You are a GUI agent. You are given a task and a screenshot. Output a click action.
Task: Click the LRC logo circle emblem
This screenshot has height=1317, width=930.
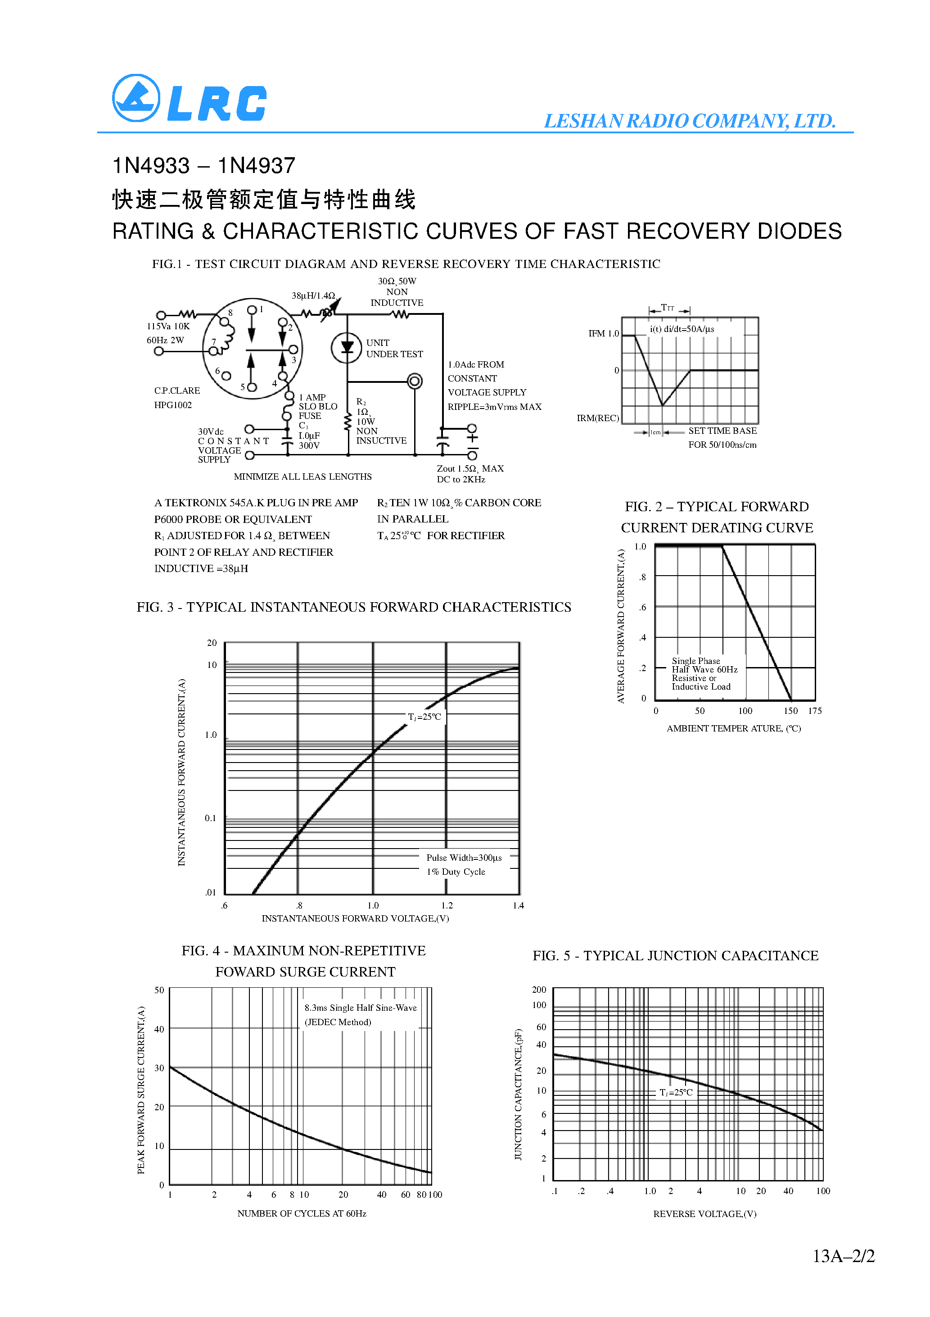136,98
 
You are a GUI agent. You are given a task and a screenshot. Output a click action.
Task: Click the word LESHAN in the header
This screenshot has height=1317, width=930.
582,121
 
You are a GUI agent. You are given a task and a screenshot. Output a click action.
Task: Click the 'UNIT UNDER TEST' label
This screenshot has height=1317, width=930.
394,348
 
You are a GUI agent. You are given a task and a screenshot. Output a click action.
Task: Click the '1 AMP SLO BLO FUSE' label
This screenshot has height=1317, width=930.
318,406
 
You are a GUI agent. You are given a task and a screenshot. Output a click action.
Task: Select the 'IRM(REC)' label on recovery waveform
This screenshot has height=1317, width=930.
597,418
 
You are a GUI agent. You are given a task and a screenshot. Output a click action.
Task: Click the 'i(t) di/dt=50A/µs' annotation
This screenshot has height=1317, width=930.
682,329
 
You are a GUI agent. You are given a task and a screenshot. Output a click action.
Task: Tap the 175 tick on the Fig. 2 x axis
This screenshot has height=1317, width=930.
814,711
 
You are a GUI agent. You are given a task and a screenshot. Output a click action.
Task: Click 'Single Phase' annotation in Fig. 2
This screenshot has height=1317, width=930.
695,661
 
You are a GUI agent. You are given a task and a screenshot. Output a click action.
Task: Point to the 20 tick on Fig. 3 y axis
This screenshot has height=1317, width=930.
212,643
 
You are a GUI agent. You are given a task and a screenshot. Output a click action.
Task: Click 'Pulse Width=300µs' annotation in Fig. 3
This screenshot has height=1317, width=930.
463,858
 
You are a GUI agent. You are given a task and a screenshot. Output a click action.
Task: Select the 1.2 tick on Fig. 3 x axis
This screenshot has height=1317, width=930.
447,905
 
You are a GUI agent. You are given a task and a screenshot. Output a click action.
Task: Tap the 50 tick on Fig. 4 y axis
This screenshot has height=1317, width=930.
159,990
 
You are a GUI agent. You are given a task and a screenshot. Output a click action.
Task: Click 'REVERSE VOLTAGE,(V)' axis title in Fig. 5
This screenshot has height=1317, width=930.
704,1214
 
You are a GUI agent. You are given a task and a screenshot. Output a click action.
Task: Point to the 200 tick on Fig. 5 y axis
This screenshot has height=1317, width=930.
538,990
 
